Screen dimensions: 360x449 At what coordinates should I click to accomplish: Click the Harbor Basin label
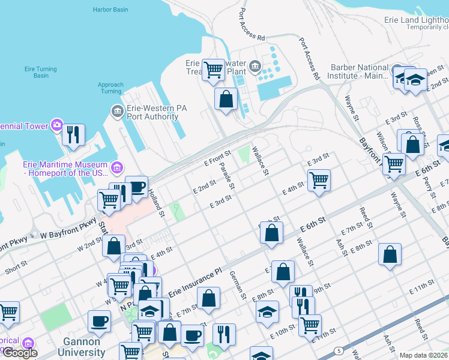point(112,10)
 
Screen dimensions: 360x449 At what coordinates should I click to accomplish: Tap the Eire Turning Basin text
point(41,73)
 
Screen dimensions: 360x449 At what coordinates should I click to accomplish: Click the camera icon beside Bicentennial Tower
point(57,125)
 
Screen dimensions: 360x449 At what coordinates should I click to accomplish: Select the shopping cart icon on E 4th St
point(319,179)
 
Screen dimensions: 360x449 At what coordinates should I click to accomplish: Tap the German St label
point(238,284)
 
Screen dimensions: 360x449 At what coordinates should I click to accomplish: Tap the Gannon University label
point(79,347)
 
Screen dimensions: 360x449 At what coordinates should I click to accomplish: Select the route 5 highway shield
point(339,350)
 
